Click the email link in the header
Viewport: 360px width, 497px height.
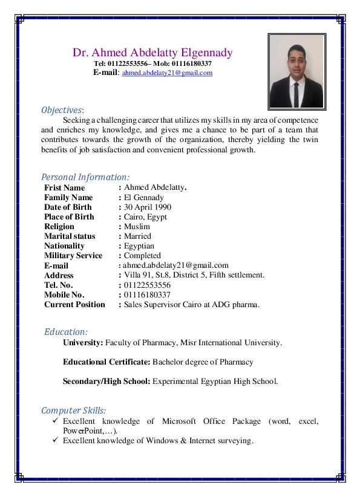click(x=167, y=73)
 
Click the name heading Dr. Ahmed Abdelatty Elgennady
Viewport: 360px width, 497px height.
click(x=152, y=53)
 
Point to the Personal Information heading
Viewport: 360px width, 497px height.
click(x=85, y=177)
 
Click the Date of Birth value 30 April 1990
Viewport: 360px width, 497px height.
click(x=148, y=207)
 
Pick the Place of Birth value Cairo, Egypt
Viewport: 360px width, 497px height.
click(x=145, y=216)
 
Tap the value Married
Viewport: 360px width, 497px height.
click(x=137, y=236)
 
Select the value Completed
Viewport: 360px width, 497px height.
click(x=142, y=256)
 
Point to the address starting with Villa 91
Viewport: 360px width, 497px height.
click(x=194, y=275)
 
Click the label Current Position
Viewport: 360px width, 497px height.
click(x=74, y=305)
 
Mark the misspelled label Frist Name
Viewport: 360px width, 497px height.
click(x=64, y=187)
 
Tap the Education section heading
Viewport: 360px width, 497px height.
click(x=66, y=332)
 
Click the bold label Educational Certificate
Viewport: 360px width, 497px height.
click(x=106, y=362)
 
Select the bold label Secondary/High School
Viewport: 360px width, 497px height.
click(x=106, y=382)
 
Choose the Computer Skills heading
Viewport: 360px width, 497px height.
click(x=73, y=411)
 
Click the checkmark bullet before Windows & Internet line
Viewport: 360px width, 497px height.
click(x=55, y=440)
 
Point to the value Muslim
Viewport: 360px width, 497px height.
click(x=137, y=226)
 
